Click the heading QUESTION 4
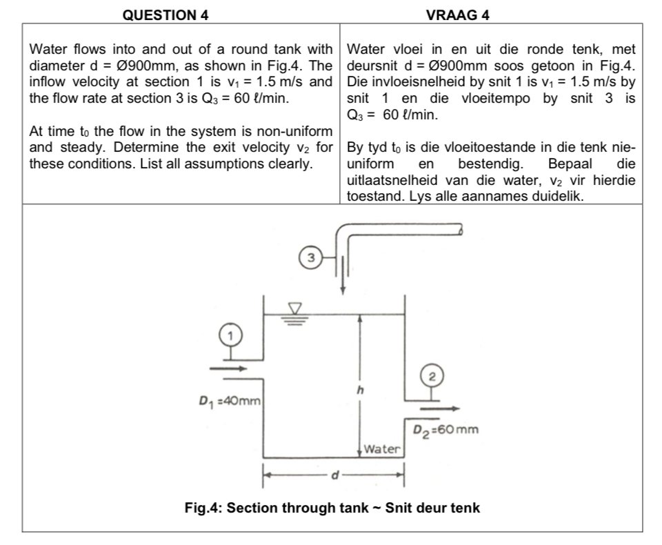165,14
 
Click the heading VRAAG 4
458,14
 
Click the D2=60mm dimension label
445,430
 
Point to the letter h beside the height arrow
358,390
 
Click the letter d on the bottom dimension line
335,475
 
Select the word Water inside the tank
382,449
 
